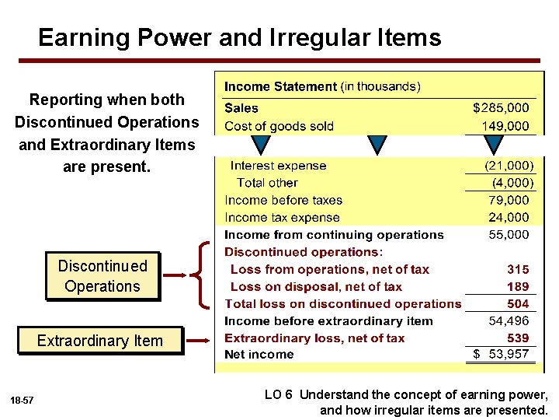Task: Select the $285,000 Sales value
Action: [501, 108]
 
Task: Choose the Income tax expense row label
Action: [282, 218]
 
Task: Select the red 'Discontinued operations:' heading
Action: [304, 252]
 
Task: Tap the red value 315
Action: [518, 269]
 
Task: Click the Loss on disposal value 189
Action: [518, 286]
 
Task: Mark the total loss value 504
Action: [518, 303]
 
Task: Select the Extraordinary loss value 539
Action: [518, 338]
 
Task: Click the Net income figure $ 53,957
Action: [502, 355]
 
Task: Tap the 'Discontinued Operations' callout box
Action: [102, 276]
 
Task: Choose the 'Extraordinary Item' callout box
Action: [101, 341]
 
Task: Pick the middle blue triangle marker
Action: [377, 145]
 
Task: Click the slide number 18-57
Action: [21, 400]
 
